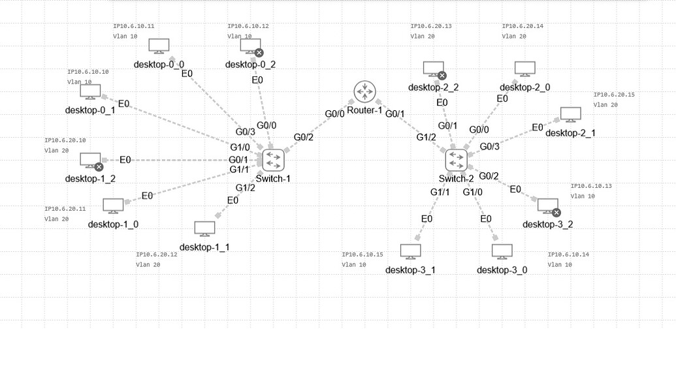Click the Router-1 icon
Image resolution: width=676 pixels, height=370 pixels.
[x=364, y=92]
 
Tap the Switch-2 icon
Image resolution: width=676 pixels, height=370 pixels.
[x=456, y=160]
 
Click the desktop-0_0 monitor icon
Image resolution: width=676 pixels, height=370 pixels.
[x=159, y=46]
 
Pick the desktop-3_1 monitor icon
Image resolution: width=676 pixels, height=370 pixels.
[x=410, y=251]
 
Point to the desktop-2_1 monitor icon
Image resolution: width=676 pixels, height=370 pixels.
[x=570, y=115]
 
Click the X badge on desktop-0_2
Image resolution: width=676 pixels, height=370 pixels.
[x=259, y=53]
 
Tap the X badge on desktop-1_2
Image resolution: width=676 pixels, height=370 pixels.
[x=99, y=167]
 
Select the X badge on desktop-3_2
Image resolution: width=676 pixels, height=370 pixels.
[x=556, y=213]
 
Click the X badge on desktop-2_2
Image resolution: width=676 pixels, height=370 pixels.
[x=442, y=76]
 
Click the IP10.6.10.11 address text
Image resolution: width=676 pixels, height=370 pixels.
[x=134, y=26]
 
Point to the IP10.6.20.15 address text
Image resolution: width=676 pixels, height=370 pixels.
[x=614, y=95]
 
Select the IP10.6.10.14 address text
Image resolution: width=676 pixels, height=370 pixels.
[x=568, y=254]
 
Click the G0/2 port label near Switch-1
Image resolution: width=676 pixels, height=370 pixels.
[x=304, y=137]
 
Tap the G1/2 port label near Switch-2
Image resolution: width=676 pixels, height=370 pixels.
[x=427, y=137]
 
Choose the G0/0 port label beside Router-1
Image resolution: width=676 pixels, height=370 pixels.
[x=334, y=114]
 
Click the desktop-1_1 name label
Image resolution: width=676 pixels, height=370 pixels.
[x=204, y=247]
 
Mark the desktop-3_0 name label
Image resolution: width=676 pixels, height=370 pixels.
[x=502, y=270]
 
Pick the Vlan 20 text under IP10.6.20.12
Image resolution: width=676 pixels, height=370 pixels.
[x=148, y=265]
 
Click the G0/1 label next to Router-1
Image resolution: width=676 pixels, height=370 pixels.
[x=395, y=114]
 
